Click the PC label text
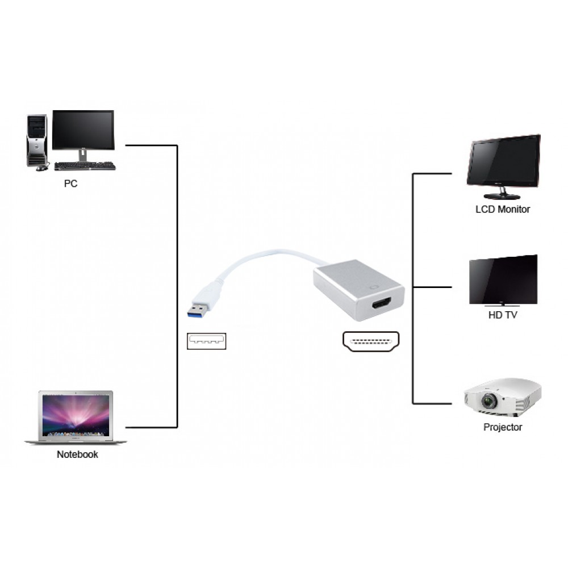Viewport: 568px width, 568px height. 70,184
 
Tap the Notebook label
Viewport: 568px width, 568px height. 77,454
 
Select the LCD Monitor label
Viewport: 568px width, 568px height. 502,209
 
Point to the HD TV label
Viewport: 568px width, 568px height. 503,315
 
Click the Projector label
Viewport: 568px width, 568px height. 503,427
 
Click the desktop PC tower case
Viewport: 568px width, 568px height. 37,140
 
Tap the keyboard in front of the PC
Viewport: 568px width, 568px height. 85,166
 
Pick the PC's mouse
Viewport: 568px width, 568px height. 41,168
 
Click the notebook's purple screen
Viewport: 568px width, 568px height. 76,415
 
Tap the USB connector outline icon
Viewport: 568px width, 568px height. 206,341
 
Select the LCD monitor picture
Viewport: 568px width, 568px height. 503,161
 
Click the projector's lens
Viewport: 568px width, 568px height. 488,402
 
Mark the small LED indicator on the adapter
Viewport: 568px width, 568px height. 373,287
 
